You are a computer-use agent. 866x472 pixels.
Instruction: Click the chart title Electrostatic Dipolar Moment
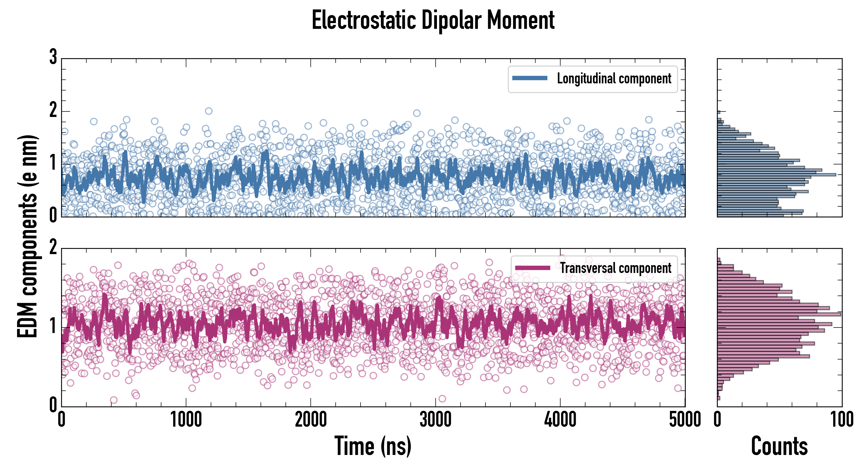click(433, 20)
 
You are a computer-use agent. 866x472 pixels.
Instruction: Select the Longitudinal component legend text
click(614, 79)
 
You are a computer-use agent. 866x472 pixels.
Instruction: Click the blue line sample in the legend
click(530, 78)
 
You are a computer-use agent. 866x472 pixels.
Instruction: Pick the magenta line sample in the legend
click(532, 268)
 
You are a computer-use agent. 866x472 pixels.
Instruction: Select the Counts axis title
click(779, 446)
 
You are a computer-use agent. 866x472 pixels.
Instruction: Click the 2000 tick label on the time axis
click(311, 420)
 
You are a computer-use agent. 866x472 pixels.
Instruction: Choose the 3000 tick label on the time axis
click(436, 420)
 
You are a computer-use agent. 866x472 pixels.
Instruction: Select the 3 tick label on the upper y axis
click(53, 57)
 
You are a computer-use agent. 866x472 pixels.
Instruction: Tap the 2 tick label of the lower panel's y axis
click(53, 248)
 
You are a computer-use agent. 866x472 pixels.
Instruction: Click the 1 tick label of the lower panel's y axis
click(53, 326)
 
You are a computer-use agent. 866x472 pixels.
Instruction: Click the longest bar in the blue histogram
click(777, 175)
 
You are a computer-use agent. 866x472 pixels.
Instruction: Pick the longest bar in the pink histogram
click(779, 314)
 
